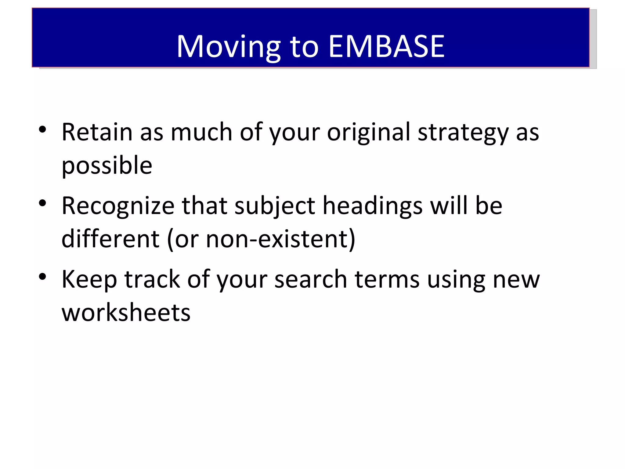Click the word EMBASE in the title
coord(386,46)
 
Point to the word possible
coord(107,166)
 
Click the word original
coord(369,133)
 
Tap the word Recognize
coord(118,206)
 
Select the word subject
coord(275,206)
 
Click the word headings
coord(373,206)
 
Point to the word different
coord(110,239)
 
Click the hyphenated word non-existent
coord(276,239)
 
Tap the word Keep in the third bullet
coord(89,280)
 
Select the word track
coord(152,280)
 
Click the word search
coord(310,280)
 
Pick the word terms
coord(387,280)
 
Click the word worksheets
coord(126,313)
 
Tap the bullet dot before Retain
coord(42,129)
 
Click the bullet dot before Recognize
coord(42,203)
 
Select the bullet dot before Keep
coord(42,276)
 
